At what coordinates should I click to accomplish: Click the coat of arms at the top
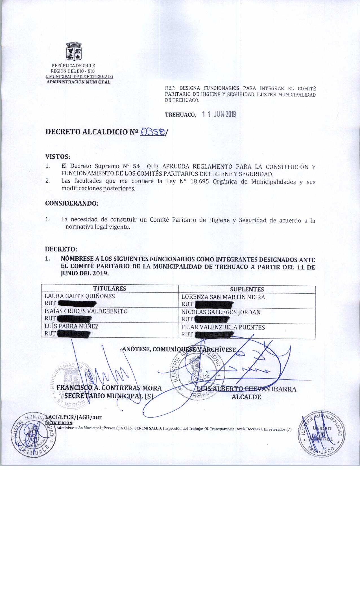point(74,52)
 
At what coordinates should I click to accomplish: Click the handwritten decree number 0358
point(152,131)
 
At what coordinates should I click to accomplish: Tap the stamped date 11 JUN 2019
point(219,114)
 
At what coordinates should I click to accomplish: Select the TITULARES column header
point(110,289)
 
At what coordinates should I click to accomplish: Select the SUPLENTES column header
point(247,289)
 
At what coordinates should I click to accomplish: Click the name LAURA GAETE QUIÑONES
point(80,296)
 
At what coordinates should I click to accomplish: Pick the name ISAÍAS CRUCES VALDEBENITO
point(86,311)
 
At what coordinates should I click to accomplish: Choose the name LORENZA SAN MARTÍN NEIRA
point(223,297)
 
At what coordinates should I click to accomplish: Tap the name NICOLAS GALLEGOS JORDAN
point(221,312)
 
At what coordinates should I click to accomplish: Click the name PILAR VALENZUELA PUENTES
point(223,328)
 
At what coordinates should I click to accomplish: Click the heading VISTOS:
point(57,156)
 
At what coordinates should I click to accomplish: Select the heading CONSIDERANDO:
point(72,203)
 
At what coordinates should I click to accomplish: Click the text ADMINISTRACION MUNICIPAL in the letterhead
point(78,82)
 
